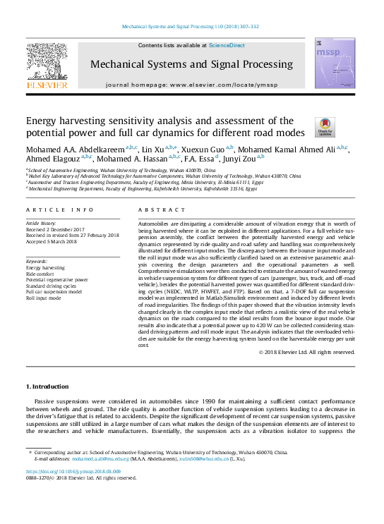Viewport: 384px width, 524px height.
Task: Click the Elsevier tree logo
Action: tap(47, 66)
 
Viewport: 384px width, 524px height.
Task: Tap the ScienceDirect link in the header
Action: tap(227, 45)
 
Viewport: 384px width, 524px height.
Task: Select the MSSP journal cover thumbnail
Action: tap(329, 65)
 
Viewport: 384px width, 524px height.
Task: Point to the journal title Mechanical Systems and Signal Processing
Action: tap(191, 64)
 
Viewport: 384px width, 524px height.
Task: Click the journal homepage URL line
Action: tap(191, 85)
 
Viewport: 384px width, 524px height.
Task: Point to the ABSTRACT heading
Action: tap(152, 210)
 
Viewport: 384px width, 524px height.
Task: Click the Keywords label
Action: tap(36, 262)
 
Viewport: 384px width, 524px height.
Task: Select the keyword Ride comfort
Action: tap(42, 274)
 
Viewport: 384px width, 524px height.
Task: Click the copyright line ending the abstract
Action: tap(306, 352)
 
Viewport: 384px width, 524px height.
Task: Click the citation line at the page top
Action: tap(191, 27)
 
